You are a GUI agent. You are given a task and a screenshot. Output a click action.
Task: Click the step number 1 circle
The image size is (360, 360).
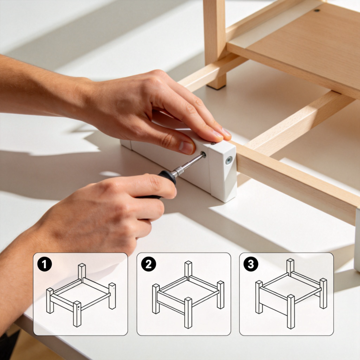click(45, 264)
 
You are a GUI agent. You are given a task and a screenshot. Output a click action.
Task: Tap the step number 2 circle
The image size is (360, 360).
click(148, 264)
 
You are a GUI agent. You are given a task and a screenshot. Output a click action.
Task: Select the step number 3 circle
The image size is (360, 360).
click(251, 264)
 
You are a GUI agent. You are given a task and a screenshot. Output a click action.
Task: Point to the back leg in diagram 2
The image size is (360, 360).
click(188, 269)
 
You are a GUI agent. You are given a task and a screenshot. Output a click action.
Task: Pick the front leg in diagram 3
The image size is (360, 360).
click(290, 311)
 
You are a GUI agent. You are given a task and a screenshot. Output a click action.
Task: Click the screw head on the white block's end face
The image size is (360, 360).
click(229, 160)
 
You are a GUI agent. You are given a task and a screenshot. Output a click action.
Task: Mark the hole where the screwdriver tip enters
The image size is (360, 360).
click(203, 155)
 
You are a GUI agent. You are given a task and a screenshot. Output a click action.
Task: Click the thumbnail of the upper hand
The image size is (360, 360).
click(187, 147)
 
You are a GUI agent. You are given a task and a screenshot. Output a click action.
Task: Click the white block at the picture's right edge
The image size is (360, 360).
click(357, 239)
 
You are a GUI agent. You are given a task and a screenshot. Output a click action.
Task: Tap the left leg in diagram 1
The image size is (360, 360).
click(50, 300)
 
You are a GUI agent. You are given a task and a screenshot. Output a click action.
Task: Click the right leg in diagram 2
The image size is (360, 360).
click(220, 294)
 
